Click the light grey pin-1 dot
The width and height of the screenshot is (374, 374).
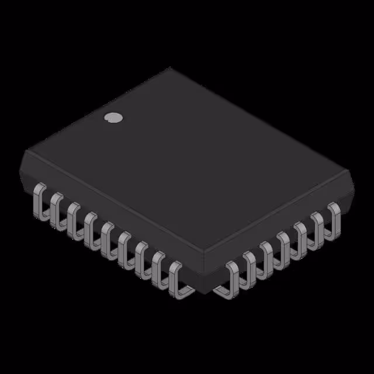[x=113, y=117]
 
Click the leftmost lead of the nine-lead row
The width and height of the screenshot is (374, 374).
[x=39, y=201]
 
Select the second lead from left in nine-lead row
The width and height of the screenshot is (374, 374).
[x=56, y=209]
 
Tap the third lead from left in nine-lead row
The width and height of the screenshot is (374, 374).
[x=72, y=217]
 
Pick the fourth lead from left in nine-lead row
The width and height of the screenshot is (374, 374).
[x=89, y=226]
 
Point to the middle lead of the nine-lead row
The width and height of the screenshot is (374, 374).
[x=107, y=236]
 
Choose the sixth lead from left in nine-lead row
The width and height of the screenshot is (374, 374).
[x=124, y=245]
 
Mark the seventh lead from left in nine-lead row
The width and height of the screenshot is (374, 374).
[x=141, y=255]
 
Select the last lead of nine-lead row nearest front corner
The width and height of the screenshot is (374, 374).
[x=177, y=277]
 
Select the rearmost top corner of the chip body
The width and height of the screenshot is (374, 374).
[x=171, y=68]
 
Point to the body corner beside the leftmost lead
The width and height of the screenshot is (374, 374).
[x=25, y=155]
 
